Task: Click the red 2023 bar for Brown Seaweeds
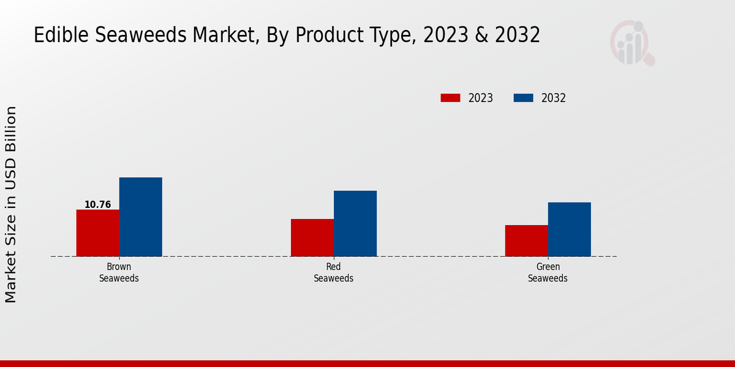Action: tap(97, 233)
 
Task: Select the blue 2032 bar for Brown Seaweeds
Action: tap(140, 217)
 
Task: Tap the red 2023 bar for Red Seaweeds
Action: tap(312, 237)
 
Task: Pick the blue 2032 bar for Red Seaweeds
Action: tap(355, 223)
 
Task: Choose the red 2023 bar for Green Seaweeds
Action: tap(526, 240)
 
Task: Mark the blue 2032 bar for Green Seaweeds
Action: tap(569, 229)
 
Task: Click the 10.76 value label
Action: tap(97, 205)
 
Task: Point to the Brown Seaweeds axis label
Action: tap(119, 273)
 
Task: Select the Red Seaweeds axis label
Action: tap(333, 273)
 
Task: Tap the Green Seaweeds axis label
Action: tap(548, 273)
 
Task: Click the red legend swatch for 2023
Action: tap(450, 98)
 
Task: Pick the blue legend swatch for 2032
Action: tap(523, 98)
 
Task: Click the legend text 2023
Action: tap(481, 98)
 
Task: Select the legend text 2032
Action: tap(554, 98)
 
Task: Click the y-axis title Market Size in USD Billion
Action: tap(11, 204)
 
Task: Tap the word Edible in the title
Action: tap(57, 35)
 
